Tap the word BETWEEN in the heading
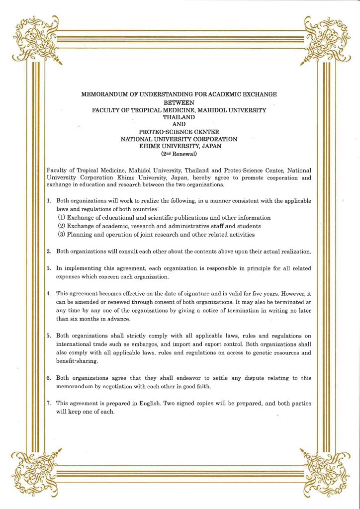coord(179,102)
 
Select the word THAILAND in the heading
coord(179,117)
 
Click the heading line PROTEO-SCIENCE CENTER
coord(179,132)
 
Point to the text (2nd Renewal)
coord(179,154)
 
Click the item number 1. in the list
coord(49,201)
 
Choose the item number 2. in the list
coord(49,252)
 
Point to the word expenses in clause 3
coord(68,277)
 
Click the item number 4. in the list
coord(49,293)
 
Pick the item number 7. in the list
coord(49,404)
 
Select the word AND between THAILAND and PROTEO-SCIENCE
coord(179,125)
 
